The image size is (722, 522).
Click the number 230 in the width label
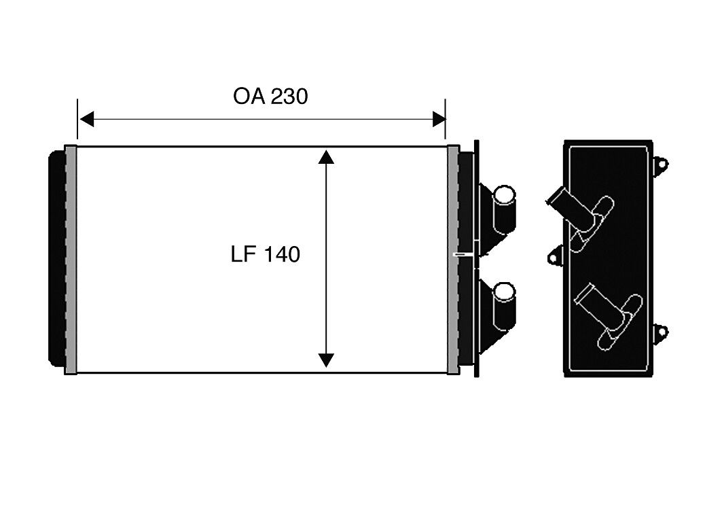point(289,97)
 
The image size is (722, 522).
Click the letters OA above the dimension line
point(249,97)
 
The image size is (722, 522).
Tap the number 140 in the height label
point(283,254)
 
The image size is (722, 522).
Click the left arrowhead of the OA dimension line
point(86,120)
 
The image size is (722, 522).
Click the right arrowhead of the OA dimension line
point(439,120)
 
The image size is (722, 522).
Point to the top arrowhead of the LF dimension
point(326,156)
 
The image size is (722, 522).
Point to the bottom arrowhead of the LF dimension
point(326,360)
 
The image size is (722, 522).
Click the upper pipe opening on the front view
point(504,195)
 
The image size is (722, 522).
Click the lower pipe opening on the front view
point(504,292)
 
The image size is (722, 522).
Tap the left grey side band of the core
point(71,260)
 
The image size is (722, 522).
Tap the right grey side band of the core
point(453,260)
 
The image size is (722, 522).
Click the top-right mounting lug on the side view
point(660,164)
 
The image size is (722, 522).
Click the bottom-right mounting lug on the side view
point(660,332)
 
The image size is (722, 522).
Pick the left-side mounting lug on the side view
point(556,255)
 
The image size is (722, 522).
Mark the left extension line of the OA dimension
point(77,119)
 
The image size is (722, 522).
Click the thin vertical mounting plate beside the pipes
point(476,259)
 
